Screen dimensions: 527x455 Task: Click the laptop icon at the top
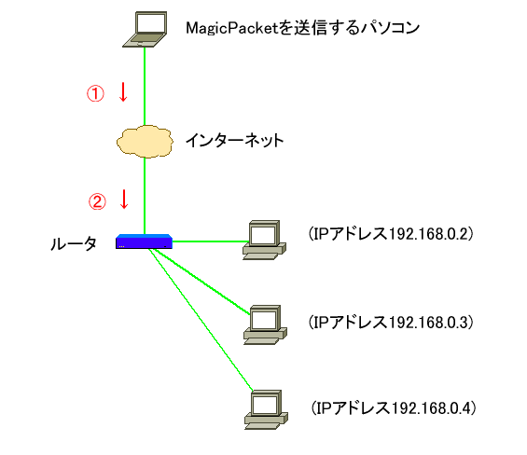coord(145,29)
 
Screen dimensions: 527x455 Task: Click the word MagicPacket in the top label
coord(232,28)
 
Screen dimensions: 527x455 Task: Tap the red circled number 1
coord(95,93)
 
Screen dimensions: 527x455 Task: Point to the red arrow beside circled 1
coord(123,92)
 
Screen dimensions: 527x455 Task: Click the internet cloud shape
coord(145,142)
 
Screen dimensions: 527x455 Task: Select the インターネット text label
coord(235,140)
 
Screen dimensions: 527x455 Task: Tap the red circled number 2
coord(97,201)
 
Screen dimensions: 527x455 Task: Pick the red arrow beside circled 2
coord(124,200)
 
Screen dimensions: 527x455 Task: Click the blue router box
coord(144,241)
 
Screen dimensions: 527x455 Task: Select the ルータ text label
coord(74,243)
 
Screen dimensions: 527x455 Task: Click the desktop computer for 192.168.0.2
coord(265,240)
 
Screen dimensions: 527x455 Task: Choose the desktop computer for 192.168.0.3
coord(265,325)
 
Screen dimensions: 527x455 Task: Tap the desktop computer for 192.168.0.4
coord(266,409)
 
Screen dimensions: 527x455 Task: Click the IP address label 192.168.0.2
coord(391,233)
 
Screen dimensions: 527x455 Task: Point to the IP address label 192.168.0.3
coord(391,323)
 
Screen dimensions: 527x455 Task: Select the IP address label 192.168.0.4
coord(394,408)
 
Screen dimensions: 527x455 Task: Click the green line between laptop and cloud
coord(145,87)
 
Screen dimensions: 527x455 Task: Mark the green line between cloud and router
coord(145,196)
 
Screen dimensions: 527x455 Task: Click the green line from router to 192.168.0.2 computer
coord(211,241)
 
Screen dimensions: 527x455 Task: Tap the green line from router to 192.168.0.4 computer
coord(201,320)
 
